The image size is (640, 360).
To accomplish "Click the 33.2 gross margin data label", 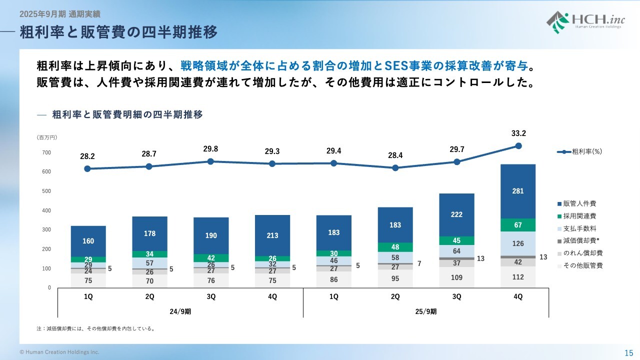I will click(x=518, y=133).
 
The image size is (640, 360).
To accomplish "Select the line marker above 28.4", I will click(x=395, y=168).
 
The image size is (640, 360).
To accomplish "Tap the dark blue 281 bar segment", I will click(x=518, y=191).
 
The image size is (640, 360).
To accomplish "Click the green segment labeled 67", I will click(x=518, y=225).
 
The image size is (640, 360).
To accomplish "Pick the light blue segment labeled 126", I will click(x=518, y=243).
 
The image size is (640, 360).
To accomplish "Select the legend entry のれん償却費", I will click(x=582, y=253).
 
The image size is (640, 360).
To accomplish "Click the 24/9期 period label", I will click(x=180, y=311).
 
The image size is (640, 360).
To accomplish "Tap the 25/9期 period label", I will click(x=426, y=311).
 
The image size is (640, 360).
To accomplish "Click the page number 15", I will click(x=628, y=352).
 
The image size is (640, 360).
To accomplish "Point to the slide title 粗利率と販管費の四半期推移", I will click(x=118, y=32).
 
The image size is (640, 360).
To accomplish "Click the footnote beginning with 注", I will click(x=95, y=329).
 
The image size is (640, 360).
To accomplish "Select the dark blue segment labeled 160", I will click(x=88, y=241).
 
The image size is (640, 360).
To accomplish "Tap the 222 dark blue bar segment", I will click(x=456, y=214).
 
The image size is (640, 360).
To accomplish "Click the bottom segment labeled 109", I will click(x=456, y=277).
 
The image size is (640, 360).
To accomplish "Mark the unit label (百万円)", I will click(x=46, y=137).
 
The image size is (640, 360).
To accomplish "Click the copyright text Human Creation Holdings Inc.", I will click(x=59, y=352).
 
